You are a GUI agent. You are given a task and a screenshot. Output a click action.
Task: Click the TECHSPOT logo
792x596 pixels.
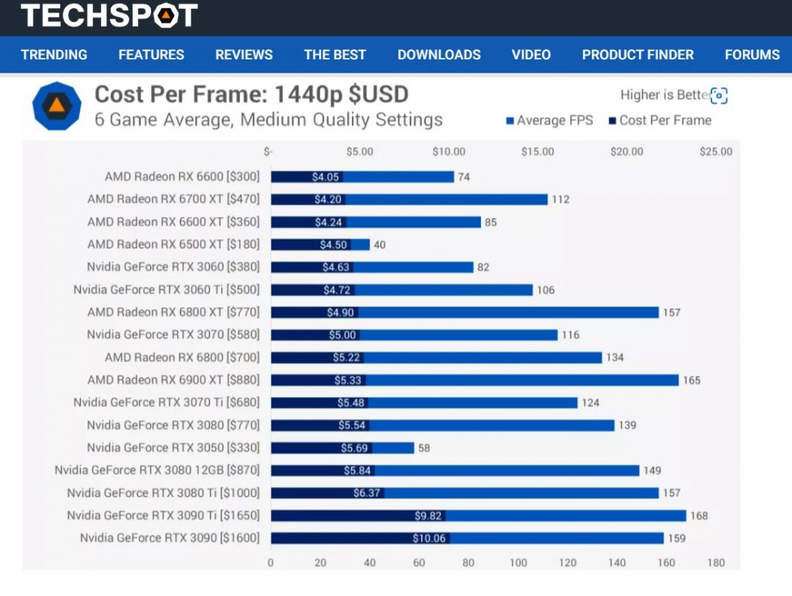109,15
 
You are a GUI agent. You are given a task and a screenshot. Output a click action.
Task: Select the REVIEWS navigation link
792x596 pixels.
243,55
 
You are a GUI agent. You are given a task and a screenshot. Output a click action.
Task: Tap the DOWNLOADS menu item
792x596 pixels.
439,55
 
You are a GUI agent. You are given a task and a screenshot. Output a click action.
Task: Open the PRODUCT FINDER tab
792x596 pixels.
637,55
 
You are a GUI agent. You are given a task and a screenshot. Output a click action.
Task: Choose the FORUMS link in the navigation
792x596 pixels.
752,55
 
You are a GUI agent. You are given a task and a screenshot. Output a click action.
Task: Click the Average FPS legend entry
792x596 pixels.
549,120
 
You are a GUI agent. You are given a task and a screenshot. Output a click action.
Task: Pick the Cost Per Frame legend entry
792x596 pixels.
660,120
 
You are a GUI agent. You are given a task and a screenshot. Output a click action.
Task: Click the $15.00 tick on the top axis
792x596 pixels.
538,152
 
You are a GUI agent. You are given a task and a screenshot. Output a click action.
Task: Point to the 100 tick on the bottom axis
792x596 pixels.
518,563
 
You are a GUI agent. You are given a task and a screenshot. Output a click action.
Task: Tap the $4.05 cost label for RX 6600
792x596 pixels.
325,177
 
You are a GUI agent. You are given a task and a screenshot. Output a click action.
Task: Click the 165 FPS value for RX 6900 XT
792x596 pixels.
692,380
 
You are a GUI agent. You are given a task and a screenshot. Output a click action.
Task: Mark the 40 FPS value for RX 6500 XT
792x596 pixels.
380,245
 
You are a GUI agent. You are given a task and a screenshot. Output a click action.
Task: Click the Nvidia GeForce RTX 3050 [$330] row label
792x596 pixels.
173,448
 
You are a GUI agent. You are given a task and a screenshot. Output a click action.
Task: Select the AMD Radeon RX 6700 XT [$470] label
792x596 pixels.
173,199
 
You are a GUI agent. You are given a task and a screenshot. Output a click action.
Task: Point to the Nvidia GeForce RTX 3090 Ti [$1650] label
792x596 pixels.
163,515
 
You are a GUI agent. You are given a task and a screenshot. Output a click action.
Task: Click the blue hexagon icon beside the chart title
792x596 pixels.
56,106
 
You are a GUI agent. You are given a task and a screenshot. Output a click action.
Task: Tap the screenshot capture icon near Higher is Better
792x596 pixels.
719,96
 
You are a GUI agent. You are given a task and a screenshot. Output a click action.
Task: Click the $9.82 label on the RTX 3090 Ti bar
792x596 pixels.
428,516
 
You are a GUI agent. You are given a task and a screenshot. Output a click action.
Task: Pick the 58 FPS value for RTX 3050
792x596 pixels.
424,448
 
